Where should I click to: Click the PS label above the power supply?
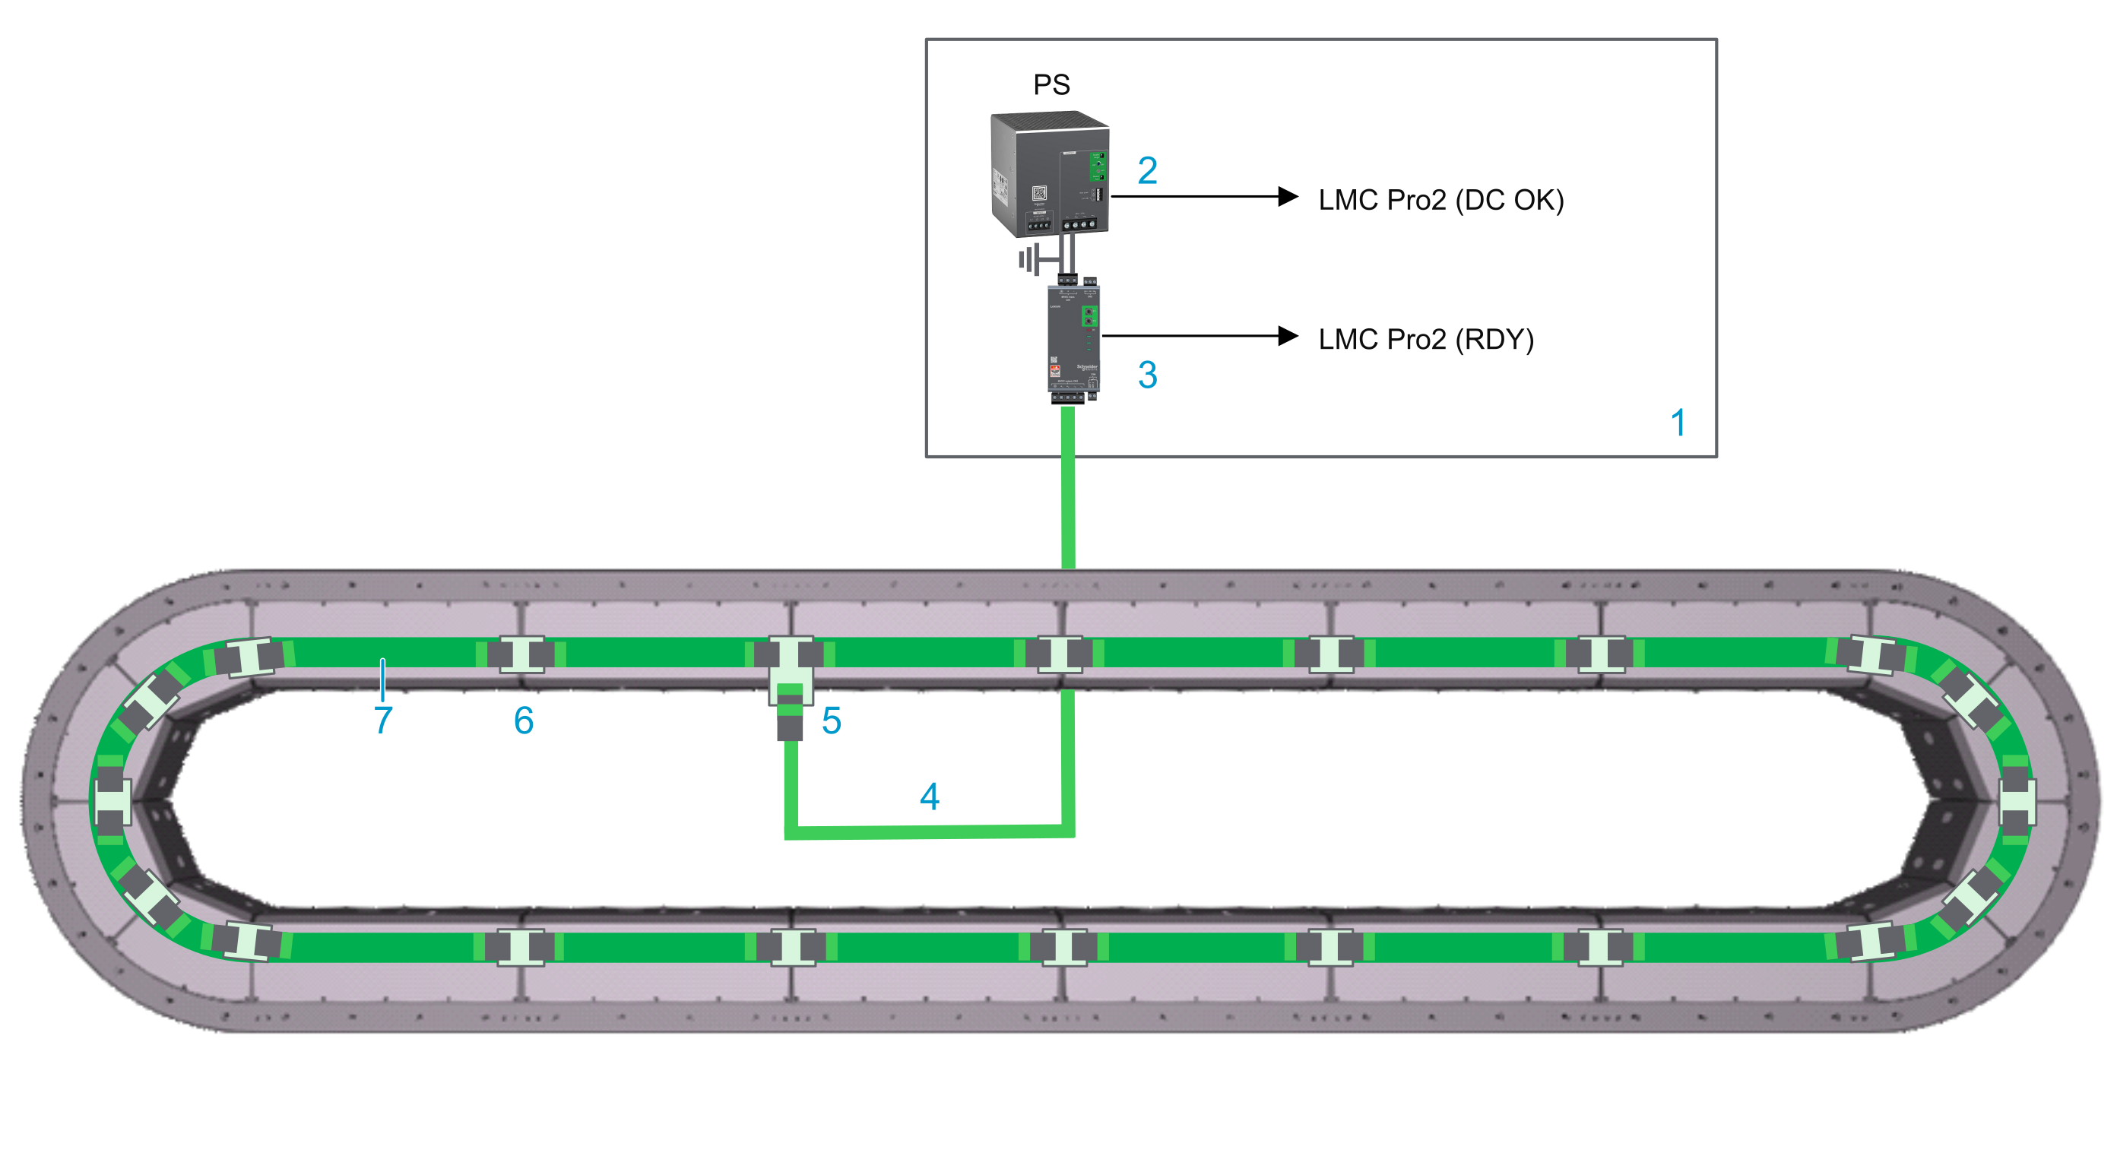pos(1051,84)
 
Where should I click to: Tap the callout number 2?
pos(1147,171)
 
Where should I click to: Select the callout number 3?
pos(1147,375)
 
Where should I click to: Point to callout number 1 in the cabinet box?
pos(1678,423)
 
